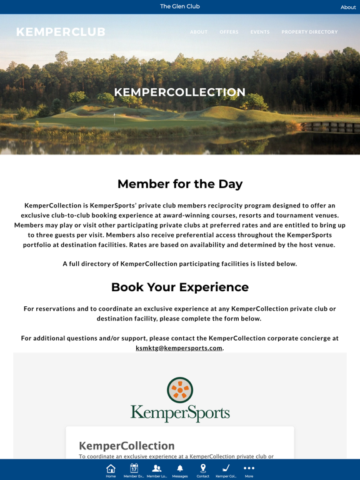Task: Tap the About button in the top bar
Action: [348, 7]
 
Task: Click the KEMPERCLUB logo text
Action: [61, 32]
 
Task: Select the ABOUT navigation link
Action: [199, 32]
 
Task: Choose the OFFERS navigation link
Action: [229, 32]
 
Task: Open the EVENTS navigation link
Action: [260, 32]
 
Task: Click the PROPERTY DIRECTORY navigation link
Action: [309, 32]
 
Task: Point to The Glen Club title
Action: [180, 6]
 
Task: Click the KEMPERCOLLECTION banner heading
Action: [180, 92]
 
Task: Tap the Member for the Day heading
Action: [180, 184]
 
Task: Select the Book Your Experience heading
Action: [180, 287]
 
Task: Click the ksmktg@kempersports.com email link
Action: [179, 348]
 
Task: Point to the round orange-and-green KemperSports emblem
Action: [180, 390]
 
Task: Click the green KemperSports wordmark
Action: [180, 413]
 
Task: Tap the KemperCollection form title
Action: [126, 446]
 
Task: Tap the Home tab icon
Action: [111, 469]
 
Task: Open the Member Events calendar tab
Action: [134, 469]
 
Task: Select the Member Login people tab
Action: [157, 469]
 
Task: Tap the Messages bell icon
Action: [180, 469]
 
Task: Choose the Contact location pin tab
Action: [203, 469]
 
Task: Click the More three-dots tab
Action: [249, 469]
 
